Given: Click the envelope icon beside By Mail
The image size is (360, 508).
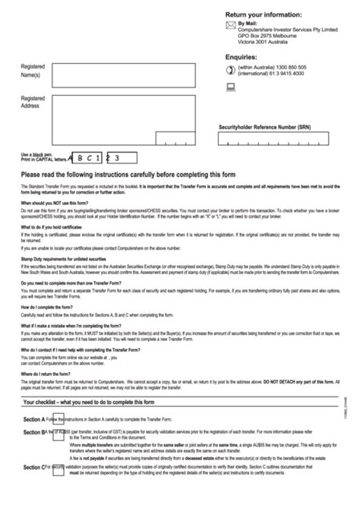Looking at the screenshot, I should click(x=231, y=26).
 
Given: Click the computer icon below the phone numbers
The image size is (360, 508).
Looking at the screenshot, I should click(x=231, y=89).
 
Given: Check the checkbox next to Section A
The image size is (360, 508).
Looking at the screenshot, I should click(x=49, y=419).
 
